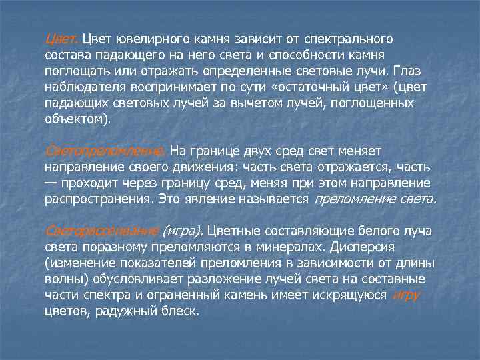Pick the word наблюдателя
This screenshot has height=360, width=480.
tap(85, 87)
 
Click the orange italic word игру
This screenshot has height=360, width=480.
tap(406, 295)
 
